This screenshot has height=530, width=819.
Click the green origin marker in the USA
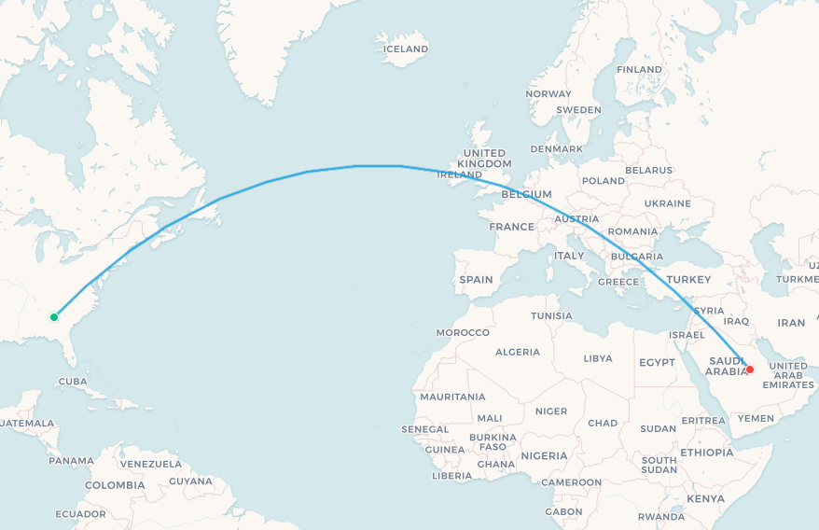click(x=54, y=317)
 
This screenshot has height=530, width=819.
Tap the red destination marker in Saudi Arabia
click(x=750, y=370)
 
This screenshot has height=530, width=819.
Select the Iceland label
click(x=406, y=49)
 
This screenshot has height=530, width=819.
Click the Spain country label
click(x=476, y=279)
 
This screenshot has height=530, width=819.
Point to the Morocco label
click(x=463, y=332)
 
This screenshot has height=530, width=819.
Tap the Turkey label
click(x=688, y=279)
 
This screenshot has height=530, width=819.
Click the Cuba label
click(x=73, y=381)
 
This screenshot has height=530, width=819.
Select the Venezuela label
click(x=151, y=464)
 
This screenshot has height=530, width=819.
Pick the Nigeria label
click(x=544, y=455)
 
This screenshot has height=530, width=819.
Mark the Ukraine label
click(x=667, y=202)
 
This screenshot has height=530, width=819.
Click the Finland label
click(x=639, y=69)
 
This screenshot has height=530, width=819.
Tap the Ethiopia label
click(x=707, y=453)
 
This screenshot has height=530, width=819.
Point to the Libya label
click(x=598, y=358)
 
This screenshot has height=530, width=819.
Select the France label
click(x=512, y=227)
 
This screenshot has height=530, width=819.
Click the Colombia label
click(x=115, y=485)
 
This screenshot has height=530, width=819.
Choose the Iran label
click(x=791, y=323)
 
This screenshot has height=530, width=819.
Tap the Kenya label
click(x=706, y=498)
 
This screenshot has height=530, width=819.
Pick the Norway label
click(x=548, y=93)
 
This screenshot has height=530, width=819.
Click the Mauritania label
click(x=452, y=397)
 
